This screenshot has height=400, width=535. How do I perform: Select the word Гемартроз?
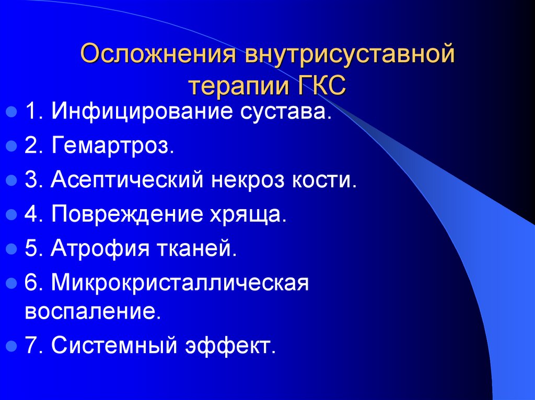(112, 146)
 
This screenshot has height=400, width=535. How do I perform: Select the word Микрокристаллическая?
(180, 284)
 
